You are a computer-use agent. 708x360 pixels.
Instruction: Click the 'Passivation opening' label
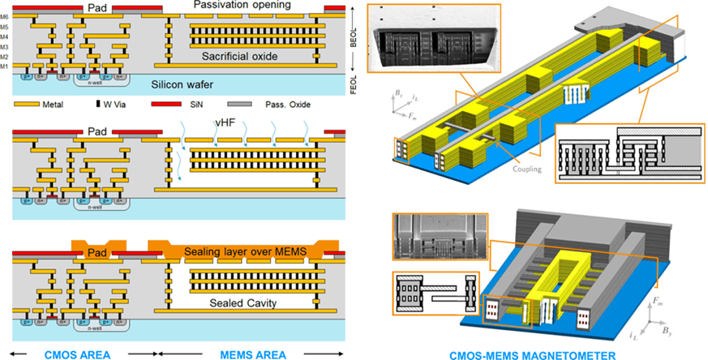(235, 6)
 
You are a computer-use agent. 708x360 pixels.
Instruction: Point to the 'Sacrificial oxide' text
(241, 57)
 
